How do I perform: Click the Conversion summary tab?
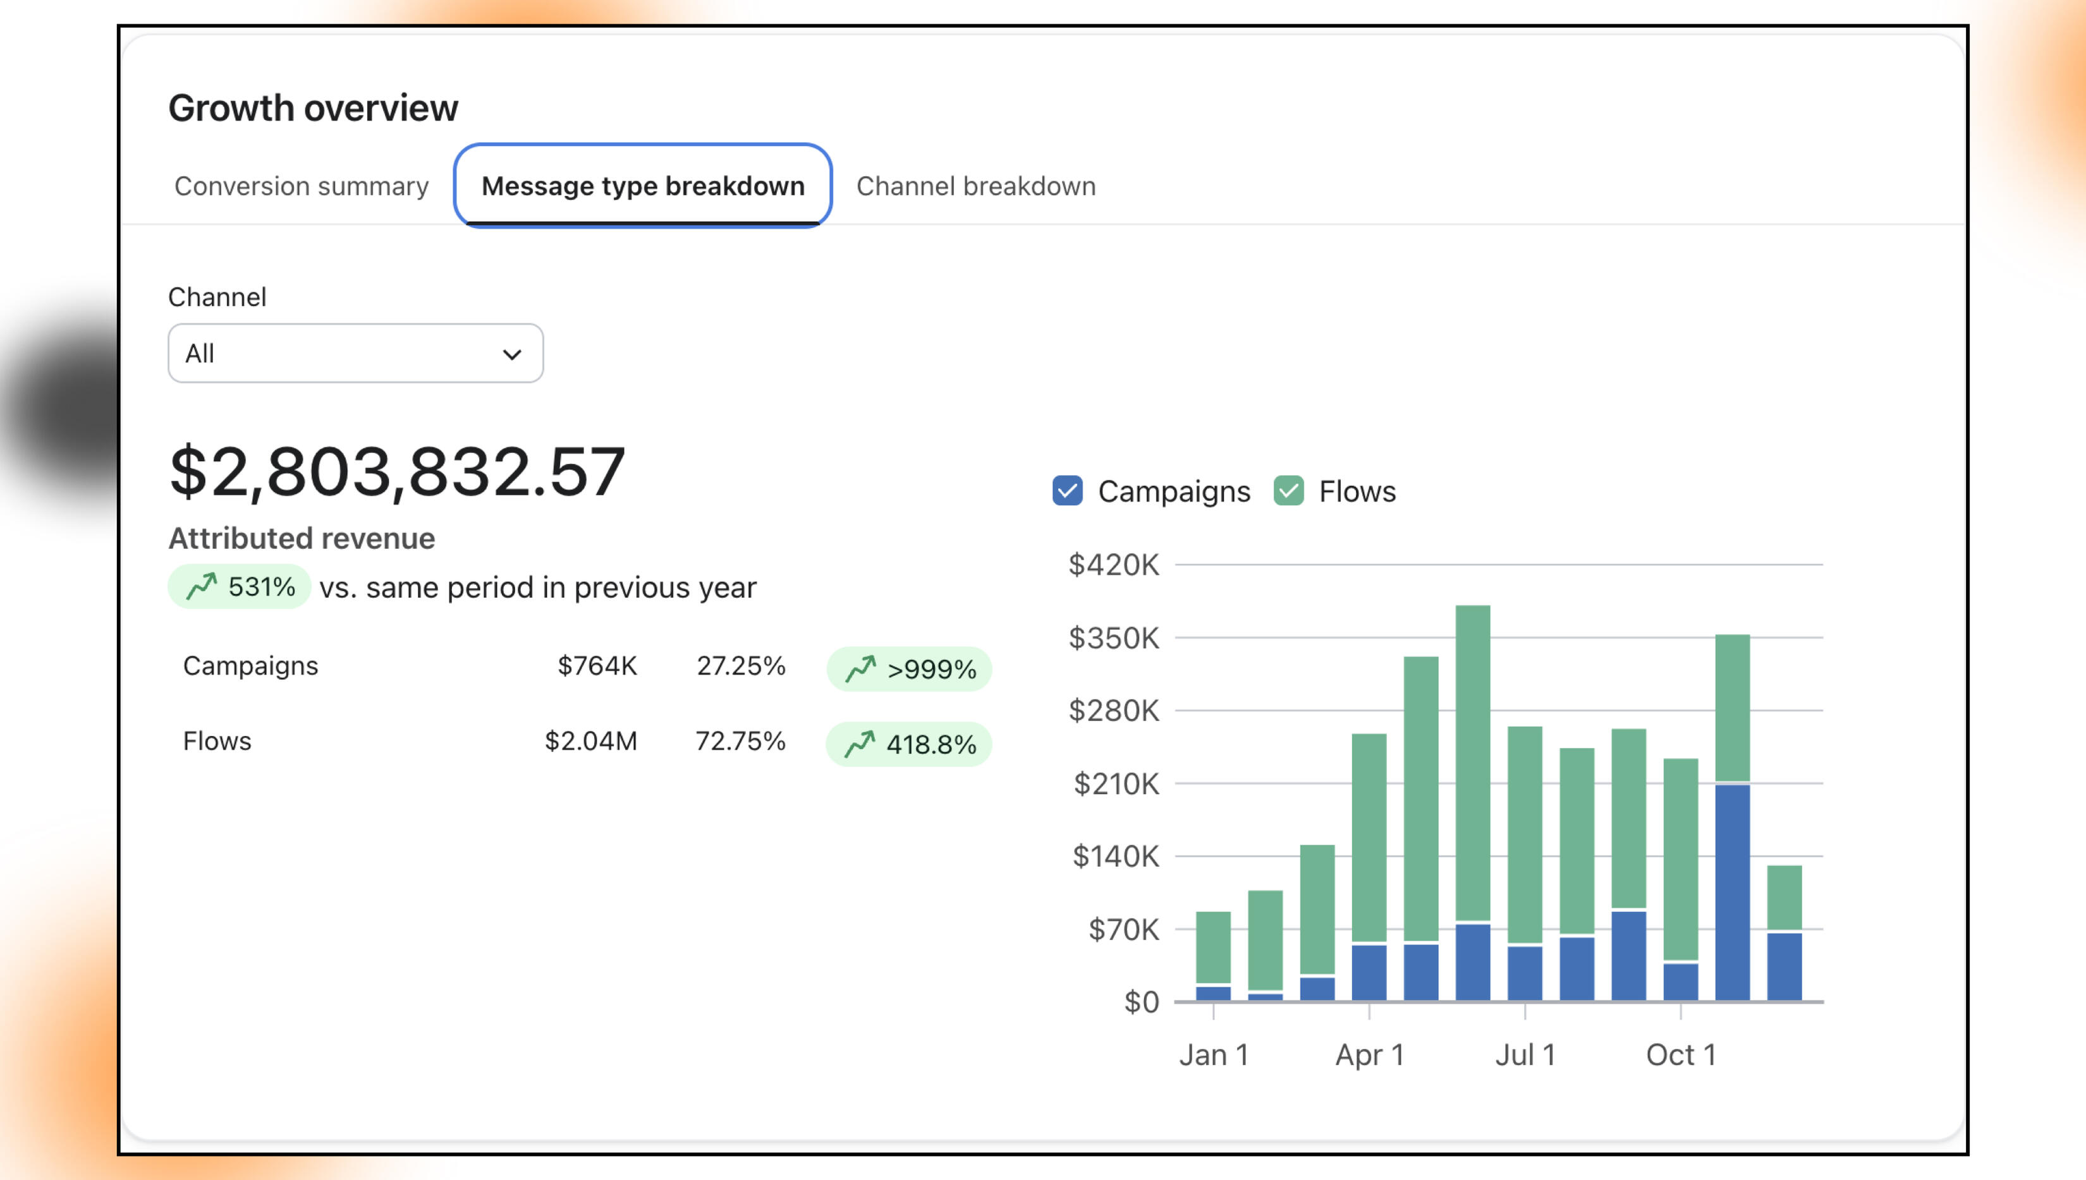pyautogui.click(x=301, y=186)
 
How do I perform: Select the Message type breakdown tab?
pyautogui.click(x=642, y=186)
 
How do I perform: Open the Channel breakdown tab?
pyautogui.click(x=975, y=186)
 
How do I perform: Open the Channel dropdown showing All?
pyautogui.click(x=355, y=353)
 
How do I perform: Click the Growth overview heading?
pyautogui.click(x=313, y=108)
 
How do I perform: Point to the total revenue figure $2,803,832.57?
pyautogui.click(x=397, y=472)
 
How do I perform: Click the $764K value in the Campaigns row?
pyautogui.click(x=597, y=665)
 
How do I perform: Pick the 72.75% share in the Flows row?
pyautogui.click(x=740, y=741)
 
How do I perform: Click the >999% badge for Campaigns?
pyautogui.click(x=909, y=668)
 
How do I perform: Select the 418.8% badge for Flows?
pyautogui.click(x=909, y=744)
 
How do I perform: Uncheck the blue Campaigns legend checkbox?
pyautogui.click(x=1067, y=491)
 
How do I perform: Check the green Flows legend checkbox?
pyautogui.click(x=1288, y=491)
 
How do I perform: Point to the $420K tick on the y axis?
pyautogui.click(x=1114, y=565)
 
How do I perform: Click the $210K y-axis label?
pyautogui.click(x=1116, y=784)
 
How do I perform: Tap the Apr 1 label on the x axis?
pyautogui.click(x=1369, y=1054)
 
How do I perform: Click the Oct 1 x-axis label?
pyautogui.click(x=1681, y=1054)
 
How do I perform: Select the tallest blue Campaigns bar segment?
pyautogui.click(x=1733, y=891)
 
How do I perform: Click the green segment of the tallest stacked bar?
pyautogui.click(x=1472, y=762)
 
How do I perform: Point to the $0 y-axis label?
pyautogui.click(x=1141, y=1002)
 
